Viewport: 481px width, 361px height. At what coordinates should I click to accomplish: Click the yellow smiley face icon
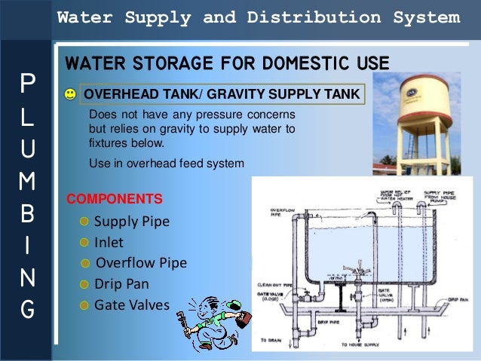pos(70,94)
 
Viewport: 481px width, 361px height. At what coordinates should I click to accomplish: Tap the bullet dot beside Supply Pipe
pos(85,222)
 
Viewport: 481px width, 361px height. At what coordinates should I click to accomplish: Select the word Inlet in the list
pos(109,243)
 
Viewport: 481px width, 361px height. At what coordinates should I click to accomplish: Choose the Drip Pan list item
pos(121,284)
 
